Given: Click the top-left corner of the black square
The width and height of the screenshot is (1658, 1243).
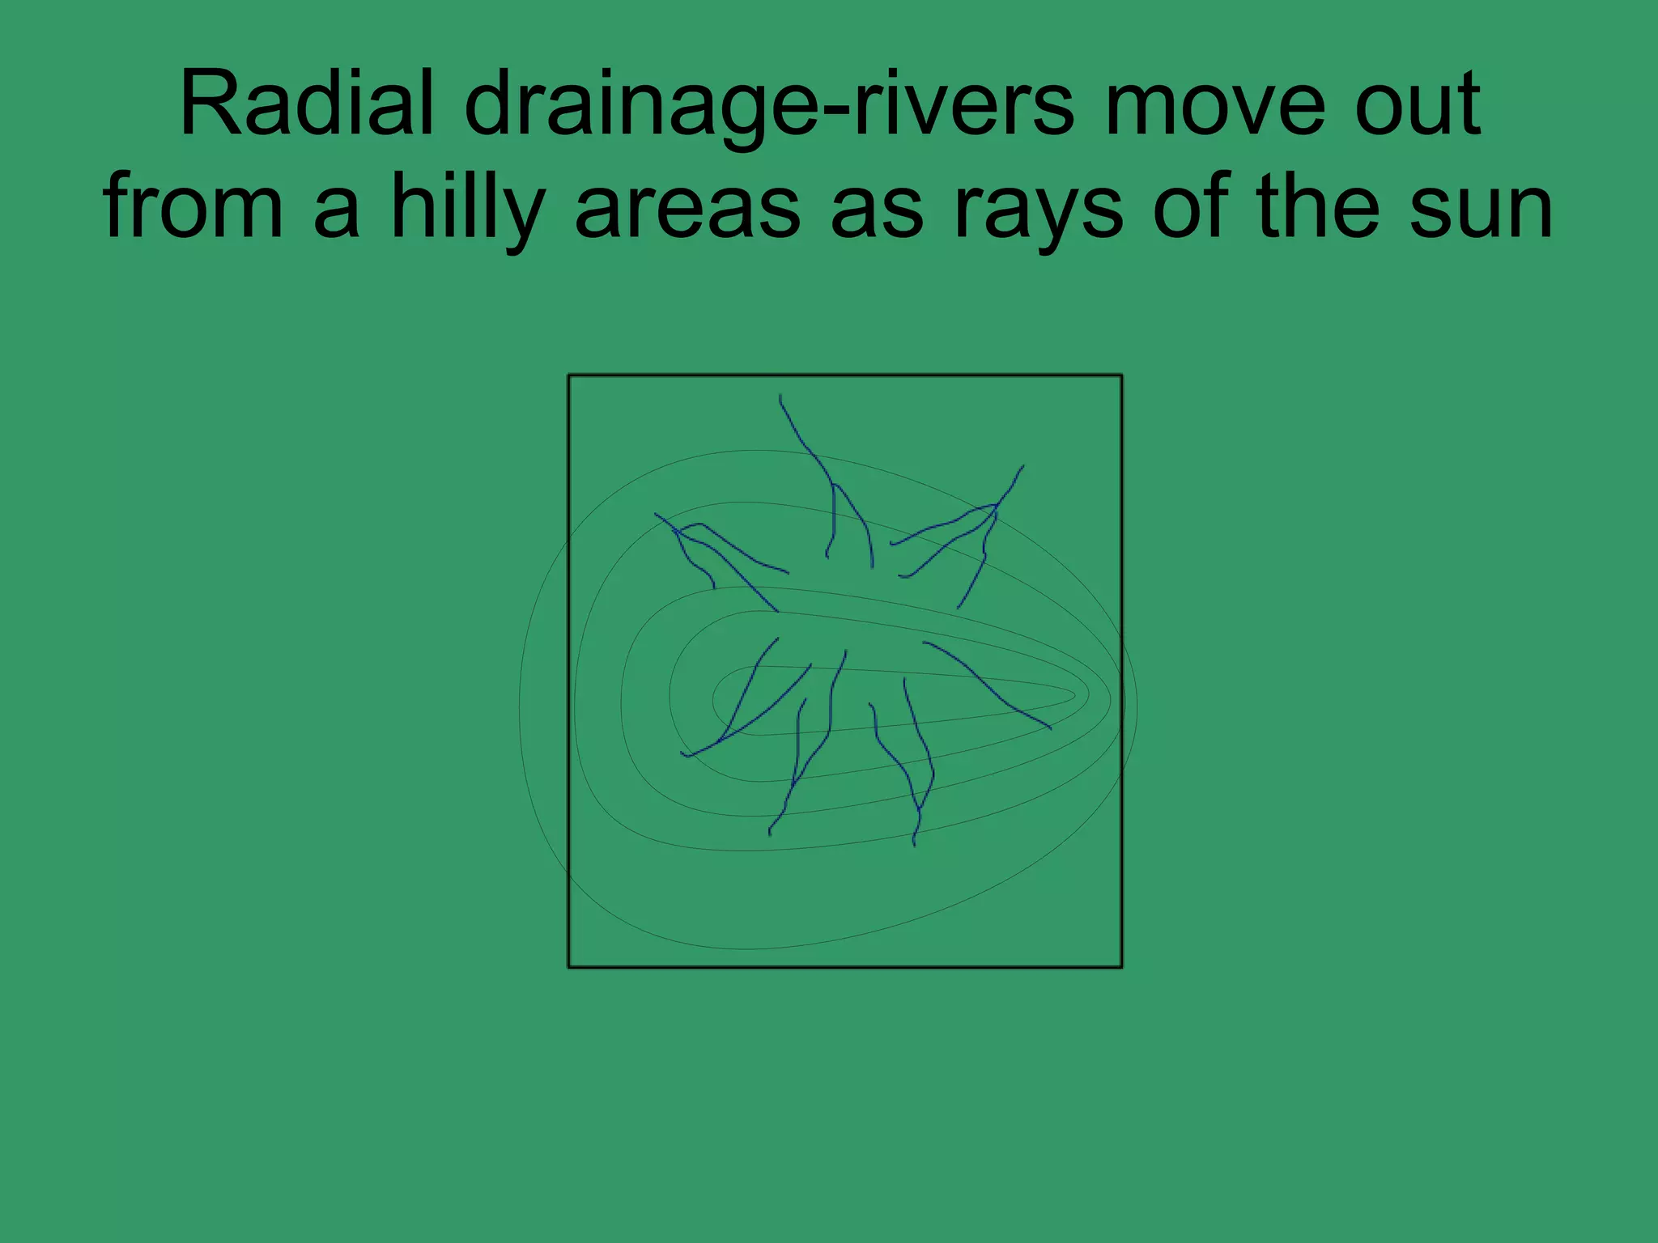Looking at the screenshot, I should (x=569, y=375).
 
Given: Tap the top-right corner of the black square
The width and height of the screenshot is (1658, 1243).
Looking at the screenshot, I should (x=1121, y=375).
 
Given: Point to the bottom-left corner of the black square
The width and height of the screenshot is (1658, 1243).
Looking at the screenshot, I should (x=569, y=966).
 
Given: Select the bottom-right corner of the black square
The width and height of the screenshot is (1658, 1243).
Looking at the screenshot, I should (x=1121, y=966).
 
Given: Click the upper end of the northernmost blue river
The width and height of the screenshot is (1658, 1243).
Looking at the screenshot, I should (x=780, y=396).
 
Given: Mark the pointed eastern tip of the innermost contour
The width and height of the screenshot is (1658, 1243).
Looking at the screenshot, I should (x=1074, y=695).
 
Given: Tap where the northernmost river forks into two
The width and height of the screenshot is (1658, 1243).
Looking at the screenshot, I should (x=833, y=485).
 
